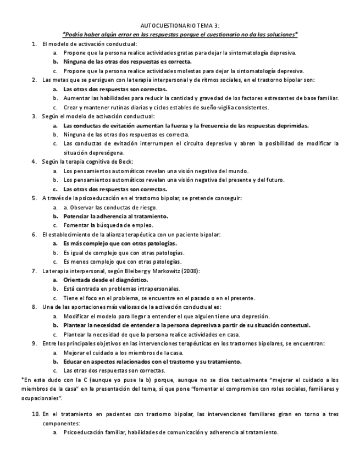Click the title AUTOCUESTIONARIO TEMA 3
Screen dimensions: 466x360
180,26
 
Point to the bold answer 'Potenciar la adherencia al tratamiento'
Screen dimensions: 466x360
115,216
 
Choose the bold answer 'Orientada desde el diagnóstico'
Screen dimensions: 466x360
105,280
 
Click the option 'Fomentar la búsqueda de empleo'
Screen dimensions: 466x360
108,225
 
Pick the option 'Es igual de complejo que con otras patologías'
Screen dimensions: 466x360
123,252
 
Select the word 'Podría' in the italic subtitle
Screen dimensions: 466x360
74,35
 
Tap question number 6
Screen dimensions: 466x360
34,234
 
